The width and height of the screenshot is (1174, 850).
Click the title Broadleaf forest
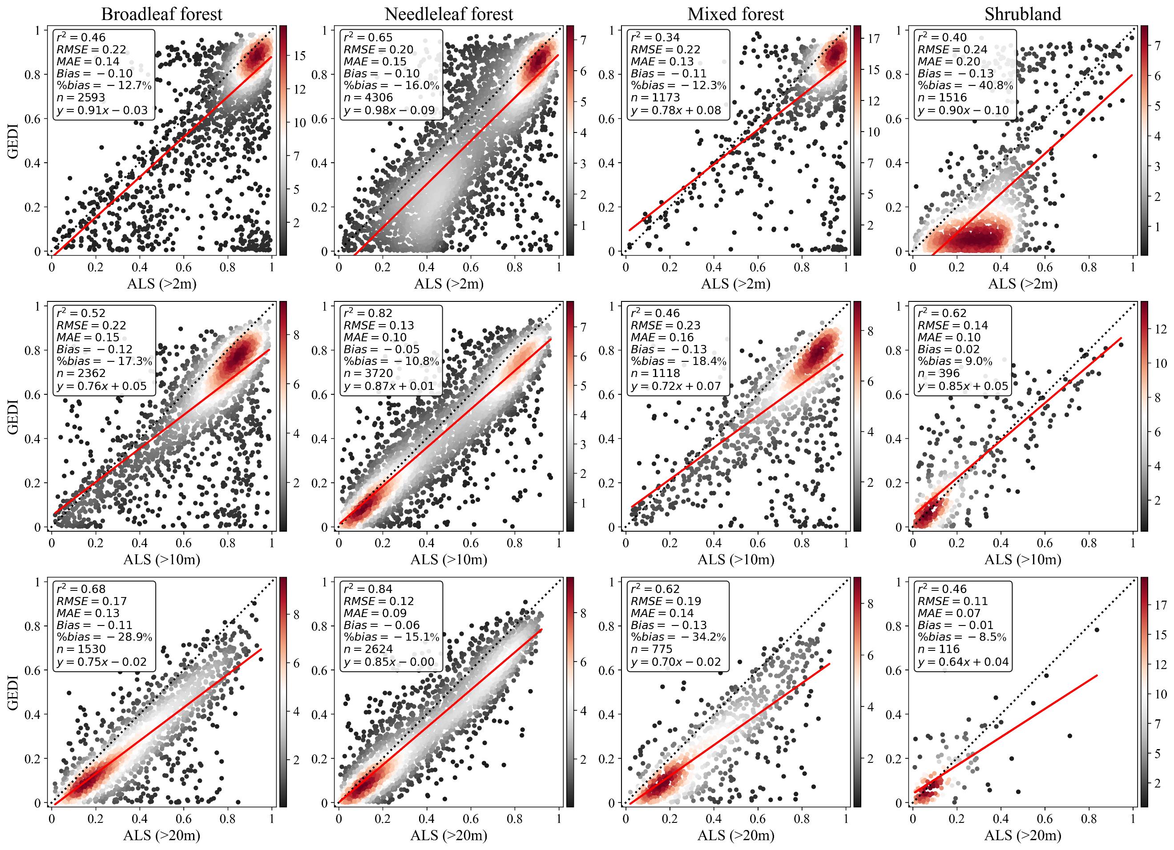click(161, 14)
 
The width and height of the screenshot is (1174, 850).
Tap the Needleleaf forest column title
click(449, 14)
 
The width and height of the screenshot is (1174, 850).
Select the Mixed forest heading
click(735, 14)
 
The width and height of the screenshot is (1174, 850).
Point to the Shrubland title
click(1022, 14)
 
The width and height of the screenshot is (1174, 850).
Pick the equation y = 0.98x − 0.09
click(389, 110)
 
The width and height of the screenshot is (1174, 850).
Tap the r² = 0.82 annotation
click(368, 313)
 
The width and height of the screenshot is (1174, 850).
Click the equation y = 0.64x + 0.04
click(963, 662)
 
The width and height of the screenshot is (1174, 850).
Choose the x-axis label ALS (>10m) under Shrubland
click(1022, 559)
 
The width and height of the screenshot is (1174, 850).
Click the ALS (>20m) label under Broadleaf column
click(161, 835)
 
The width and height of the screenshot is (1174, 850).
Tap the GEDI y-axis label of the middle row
click(13, 417)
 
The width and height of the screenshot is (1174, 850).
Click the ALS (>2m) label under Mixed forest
click(735, 284)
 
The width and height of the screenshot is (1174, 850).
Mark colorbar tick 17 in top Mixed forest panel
click(874, 39)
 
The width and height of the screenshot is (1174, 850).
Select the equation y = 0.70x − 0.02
click(675, 662)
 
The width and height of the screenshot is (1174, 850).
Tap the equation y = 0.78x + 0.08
click(675, 110)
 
